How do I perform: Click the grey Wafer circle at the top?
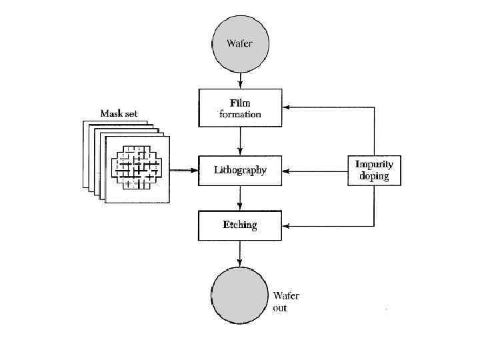point(240,43)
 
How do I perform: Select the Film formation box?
point(240,108)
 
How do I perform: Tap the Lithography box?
point(240,171)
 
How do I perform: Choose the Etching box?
point(240,225)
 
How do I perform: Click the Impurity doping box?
point(374,171)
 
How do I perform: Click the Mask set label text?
point(119,114)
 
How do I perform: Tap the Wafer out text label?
point(286,302)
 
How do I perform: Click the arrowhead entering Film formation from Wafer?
point(240,85)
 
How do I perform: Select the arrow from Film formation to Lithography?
point(240,141)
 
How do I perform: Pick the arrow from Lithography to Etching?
point(240,198)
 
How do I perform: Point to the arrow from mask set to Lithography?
point(185,171)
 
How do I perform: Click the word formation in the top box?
point(240,114)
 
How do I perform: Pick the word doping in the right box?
point(374,177)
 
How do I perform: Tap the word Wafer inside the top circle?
point(240,43)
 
